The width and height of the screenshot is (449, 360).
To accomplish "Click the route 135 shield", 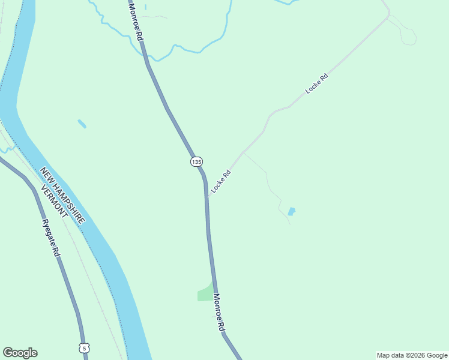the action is [196, 161].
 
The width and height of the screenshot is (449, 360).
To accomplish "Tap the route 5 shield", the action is [84, 347].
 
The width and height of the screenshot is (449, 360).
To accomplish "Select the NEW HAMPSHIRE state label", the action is [63, 196].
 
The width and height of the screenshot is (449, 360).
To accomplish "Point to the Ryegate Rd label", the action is [51, 238].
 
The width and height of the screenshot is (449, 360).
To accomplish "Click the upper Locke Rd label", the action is [317, 83].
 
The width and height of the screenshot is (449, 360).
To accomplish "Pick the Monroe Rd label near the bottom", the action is [218, 313].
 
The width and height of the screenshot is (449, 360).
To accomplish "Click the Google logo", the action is [20, 353].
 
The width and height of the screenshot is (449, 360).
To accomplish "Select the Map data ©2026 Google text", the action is [412, 355].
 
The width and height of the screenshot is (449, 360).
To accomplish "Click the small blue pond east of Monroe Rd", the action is [292, 211].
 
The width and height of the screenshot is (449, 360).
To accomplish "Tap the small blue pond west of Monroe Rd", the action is [82, 124].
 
